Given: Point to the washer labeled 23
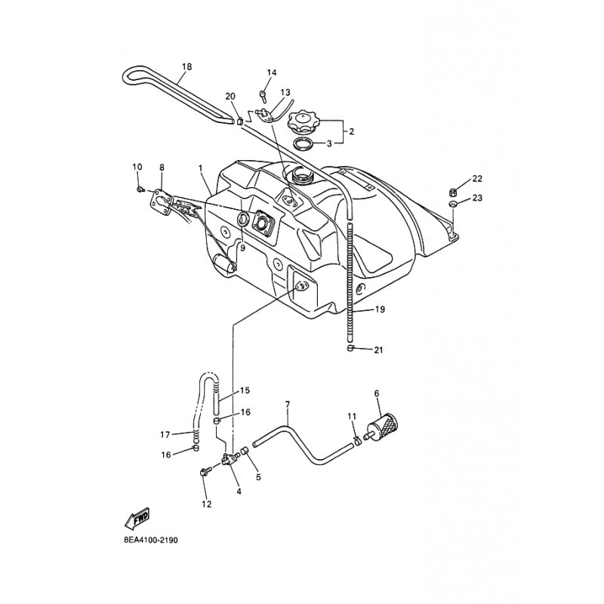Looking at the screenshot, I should pyautogui.click(x=453, y=204).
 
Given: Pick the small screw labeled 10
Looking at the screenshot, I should pyautogui.click(x=141, y=189).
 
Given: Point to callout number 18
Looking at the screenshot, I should pyautogui.click(x=186, y=66).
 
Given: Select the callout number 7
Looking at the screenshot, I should pyautogui.click(x=287, y=405).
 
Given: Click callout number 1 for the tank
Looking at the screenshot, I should pyautogui.click(x=201, y=167).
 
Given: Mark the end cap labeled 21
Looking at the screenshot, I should pyautogui.click(x=351, y=349).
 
